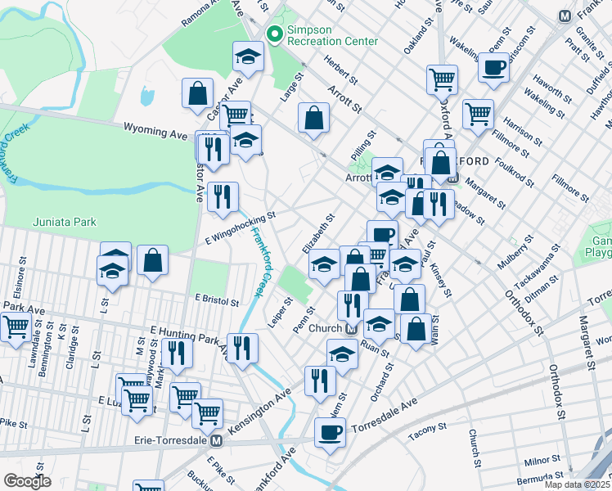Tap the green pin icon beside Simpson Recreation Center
(275, 34)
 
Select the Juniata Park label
(65, 222)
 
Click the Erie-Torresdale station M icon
(217, 440)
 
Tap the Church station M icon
(350, 328)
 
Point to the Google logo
(27, 481)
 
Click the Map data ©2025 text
(577, 484)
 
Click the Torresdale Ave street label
(385, 417)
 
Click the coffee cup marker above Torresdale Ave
(330, 431)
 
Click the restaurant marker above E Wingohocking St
(223, 196)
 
